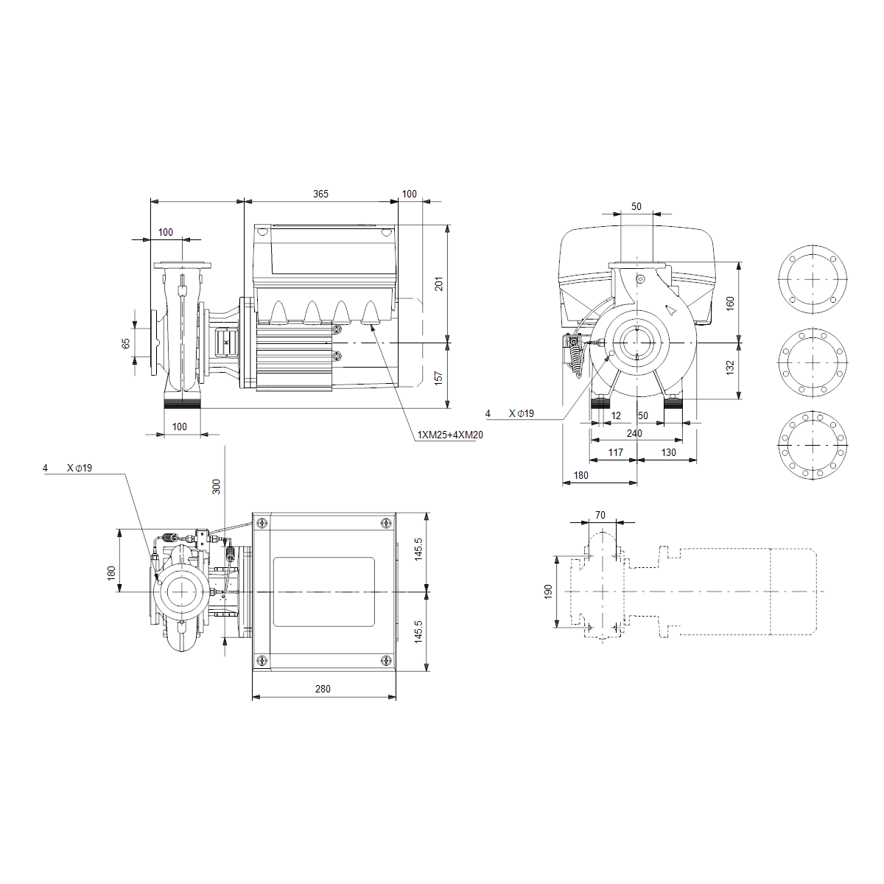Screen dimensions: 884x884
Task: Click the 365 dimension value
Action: pos(320,194)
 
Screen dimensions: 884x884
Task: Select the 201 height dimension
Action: pos(439,284)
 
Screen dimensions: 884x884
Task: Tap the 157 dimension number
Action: pos(438,378)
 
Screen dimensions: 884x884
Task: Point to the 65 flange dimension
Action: pos(126,343)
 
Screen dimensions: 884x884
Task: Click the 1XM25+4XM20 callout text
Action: pos(450,435)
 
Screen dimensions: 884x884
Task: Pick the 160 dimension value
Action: pos(730,304)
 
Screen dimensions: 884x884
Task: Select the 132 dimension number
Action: pos(730,368)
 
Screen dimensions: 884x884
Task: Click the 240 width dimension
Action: pos(634,433)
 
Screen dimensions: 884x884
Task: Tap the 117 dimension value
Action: pos(616,452)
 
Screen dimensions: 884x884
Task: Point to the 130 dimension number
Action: pos(668,452)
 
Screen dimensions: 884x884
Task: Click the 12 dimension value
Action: pos(616,415)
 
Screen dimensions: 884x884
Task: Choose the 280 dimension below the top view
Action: pos(323,689)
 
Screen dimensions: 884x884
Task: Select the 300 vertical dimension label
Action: pos(216,487)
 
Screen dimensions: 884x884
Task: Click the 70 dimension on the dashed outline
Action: pos(600,515)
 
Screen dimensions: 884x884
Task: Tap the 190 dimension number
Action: pos(548,592)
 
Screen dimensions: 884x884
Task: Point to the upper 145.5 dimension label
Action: pos(418,549)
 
